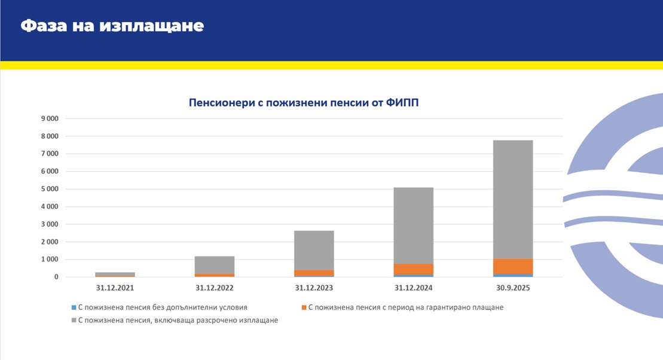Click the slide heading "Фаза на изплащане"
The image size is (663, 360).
pyautogui.click(x=112, y=26)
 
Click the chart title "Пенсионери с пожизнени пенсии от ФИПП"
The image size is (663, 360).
pyautogui.click(x=304, y=103)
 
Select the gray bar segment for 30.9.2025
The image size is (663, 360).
pyautogui.click(x=513, y=199)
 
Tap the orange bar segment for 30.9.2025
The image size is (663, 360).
pyautogui.click(x=513, y=267)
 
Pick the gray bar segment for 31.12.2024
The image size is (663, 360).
pyautogui.click(x=414, y=225)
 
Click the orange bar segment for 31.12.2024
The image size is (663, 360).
pyautogui.click(x=414, y=269)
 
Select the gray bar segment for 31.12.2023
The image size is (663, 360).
pyautogui.click(x=314, y=250)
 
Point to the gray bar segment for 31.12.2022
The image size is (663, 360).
pyautogui.click(x=215, y=265)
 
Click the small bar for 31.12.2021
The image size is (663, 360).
pyautogui.click(x=115, y=274)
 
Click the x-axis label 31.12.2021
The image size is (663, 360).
pyautogui.click(x=115, y=288)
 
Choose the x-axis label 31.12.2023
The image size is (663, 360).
pyautogui.click(x=314, y=288)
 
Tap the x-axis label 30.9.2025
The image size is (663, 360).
pyautogui.click(x=513, y=288)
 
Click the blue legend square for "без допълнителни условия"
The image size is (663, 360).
pyautogui.click(x=73, y=307)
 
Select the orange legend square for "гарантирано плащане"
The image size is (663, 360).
pyautogui.click(x=304, y=307)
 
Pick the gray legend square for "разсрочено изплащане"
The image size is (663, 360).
pyautogui.click(x=73, y=321)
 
